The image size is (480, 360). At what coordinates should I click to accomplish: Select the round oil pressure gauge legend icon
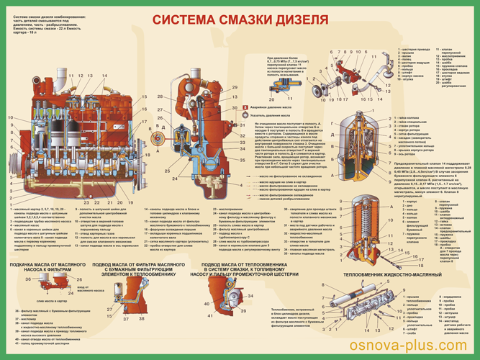(245, 112)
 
